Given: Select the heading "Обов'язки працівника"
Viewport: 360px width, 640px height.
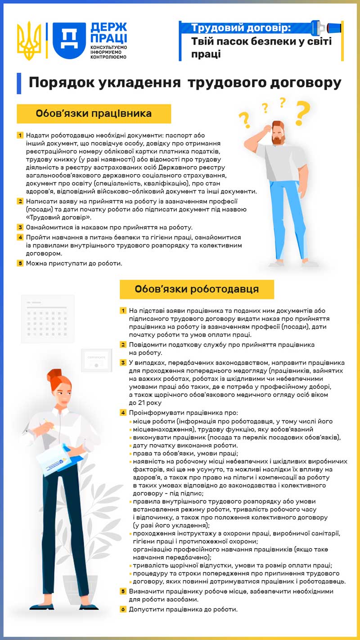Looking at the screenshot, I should [x=94, y=113].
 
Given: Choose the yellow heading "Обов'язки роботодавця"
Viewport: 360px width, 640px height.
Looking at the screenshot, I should [x=197, y=289].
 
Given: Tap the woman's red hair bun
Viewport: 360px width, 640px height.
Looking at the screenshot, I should [x=55, y=374].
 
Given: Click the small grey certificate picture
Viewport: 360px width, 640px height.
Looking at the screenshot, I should [x=96, y=360].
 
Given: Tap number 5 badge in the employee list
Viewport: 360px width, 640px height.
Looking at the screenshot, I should [x=20, y=263].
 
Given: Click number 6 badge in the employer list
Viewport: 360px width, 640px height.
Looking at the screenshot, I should [x=123, y=609].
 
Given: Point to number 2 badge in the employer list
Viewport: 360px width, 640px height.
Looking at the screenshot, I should [x=123, y=345].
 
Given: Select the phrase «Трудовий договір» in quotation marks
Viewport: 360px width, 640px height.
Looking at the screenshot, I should [x=55, y=217].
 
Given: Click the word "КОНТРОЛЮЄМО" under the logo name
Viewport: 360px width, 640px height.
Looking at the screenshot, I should [x=108, y=57].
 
